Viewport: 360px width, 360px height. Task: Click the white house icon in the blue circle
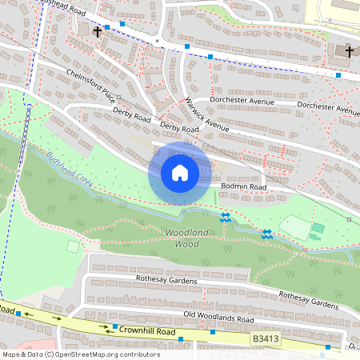point(180,173)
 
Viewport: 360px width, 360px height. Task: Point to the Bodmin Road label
point(244,186)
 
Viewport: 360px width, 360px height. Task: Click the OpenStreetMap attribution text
point(70,354)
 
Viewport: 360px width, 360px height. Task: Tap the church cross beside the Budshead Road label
point(98,32)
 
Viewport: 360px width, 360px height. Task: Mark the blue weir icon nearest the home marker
point(226,215)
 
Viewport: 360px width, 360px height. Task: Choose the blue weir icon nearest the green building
point(266,233)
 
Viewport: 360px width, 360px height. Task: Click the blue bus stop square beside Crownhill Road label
point(115,327)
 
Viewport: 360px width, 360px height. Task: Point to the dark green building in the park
point(318,228)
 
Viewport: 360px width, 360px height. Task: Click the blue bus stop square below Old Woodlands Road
point(182,340)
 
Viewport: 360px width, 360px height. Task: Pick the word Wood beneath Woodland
point(186,243)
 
